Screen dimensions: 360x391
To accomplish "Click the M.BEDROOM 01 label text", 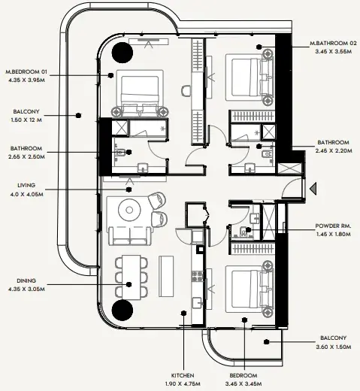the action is (26, 72).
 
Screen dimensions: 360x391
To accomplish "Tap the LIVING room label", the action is (26, 186).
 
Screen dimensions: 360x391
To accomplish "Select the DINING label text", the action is (26, 280).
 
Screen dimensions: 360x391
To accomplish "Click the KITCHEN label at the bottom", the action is (183, 375).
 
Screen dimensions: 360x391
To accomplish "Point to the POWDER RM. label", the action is (333, 226).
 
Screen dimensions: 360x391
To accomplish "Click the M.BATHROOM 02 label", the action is (333, 43).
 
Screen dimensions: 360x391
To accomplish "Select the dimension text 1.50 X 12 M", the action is (26, 120).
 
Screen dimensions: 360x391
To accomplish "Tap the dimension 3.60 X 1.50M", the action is (333, 347).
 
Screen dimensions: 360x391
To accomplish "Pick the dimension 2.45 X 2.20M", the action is (333, 151).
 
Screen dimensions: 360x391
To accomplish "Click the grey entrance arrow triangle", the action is (313, 189).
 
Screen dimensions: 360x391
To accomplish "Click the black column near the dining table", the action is (122, 310).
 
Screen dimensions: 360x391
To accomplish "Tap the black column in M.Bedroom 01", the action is (122, 53).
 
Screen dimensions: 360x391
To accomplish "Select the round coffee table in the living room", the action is (129, 210).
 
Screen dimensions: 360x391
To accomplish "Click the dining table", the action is (132, 277).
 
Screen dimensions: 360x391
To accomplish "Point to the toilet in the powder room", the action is (243, 232).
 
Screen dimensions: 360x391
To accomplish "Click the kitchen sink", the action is (198, 303).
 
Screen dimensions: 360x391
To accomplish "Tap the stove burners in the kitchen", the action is (197, 276).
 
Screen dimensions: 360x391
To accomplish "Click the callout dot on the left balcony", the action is (78, 115).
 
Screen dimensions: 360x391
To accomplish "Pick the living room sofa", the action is (130, 235).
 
